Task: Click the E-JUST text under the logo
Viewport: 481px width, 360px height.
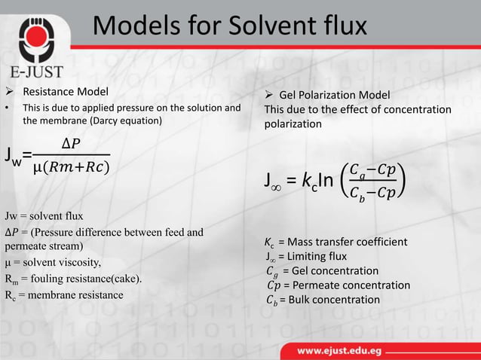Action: point(35,72)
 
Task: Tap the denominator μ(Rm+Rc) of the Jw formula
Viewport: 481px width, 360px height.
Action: point(71,165)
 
